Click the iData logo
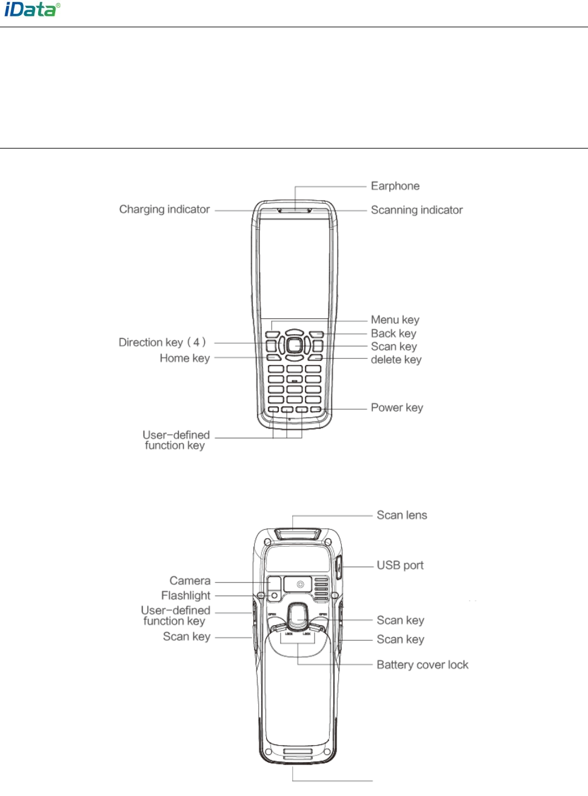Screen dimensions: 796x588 pyautogui.click(x=32, y=10)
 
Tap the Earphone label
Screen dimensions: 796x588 pyautogui.click(x=395, y=186)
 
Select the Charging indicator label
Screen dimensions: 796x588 pyautogui.click(x=164, y=210)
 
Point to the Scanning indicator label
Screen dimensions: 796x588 pyautogui.click(x=416, y=210)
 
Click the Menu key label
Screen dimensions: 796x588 pyautogui.click(x=395, y=320)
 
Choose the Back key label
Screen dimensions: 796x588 pyautogui.click(x=393, y=333)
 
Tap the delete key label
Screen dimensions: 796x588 pyautogui.click(x=396, y=360)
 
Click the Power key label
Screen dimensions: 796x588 pyautogui.click(x=396, y=408)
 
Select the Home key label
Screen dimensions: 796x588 pyautogui.click(x=184, y=358)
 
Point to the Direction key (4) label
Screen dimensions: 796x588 pyautogui.click(x=162, y=343)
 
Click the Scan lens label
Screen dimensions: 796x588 pyautogui.click(x=401, y=515)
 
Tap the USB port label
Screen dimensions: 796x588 pyautogui.click(x=400, y=566)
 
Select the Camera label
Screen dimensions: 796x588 pyautogui.click(x=190, y=581)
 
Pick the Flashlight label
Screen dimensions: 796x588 pyautogui.click(x=185, y=596)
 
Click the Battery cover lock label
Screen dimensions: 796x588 pyautogui.click(x=422, y=665)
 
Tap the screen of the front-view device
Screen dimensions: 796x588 pyautogui.click(x=295, y=267)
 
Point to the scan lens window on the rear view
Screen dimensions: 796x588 pyautogui.click(x=297, y=533)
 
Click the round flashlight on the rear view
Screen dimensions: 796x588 pyautogui.click(x=274, y=596)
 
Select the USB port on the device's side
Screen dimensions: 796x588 pyautogui.click(x=339, y=568)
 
